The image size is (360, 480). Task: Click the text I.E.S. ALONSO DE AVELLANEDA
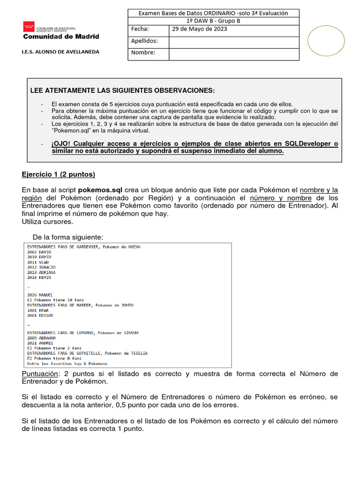tap(61, 52)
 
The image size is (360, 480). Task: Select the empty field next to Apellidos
tap(233, 42)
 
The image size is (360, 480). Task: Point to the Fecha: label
tap(140, 29)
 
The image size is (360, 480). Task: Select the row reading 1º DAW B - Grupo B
tap(213, 21)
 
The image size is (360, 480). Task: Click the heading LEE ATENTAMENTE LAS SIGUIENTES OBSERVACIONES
tap(122, 90)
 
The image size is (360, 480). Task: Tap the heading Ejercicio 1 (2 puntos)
tap(58, 174)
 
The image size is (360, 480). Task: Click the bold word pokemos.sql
tap(100, 190)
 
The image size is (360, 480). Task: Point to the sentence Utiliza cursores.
tap(47, 221)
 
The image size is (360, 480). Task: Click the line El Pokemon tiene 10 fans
tap(55, 300)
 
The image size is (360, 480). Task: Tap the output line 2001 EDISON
tap(40, 315)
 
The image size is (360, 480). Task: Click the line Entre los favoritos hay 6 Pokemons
tap(67, 363)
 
